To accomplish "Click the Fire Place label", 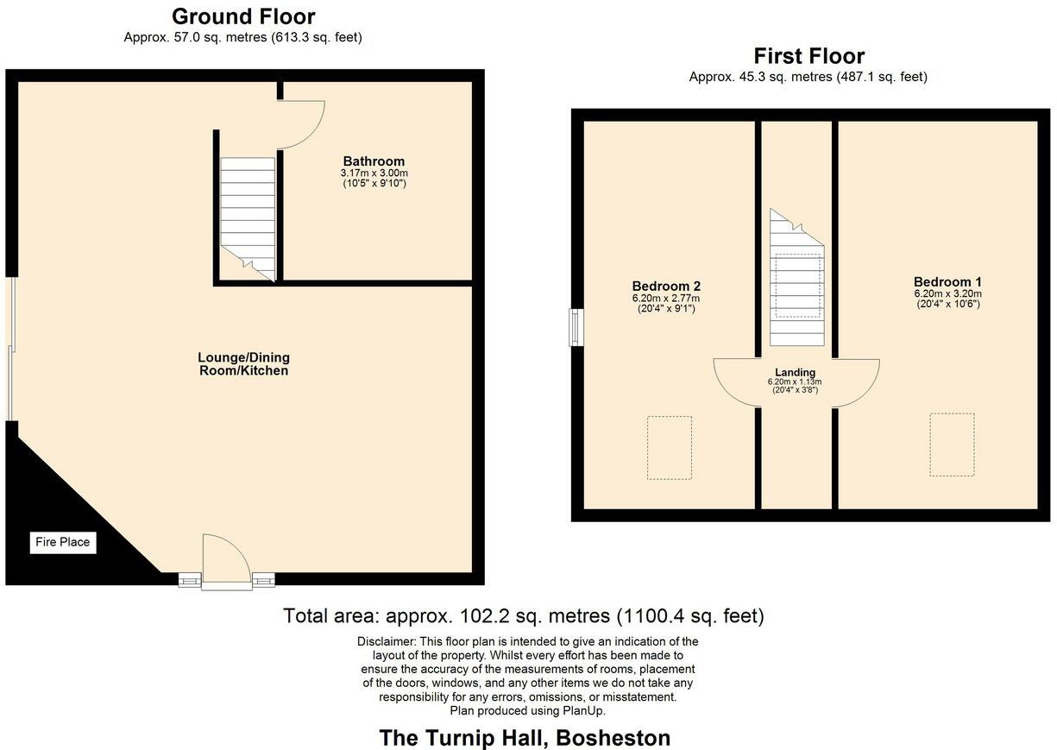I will [x=62, y=543].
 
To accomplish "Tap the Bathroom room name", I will [x=374, y=161].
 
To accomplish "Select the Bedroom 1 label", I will [x=947, y=281].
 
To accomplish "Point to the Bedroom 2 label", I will [x=665, y=286].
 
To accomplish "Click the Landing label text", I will [x=795, y=372].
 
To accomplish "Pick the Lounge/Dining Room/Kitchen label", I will [x=243, y=364].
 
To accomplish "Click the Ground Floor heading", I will [x=243, y=16].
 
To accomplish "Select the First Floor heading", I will [x=808, y=56].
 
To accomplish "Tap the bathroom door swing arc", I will [x=304, y=123].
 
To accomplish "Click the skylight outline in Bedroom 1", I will [x=952, y=444].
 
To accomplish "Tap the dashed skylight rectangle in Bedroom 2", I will [x=670, y=447].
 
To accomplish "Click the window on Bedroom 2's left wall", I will [x=576, y=328].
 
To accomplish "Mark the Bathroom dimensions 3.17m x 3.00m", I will [x=374, y=173].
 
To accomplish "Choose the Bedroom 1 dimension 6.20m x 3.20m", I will [x=947, y=293].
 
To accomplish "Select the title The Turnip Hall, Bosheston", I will [x=525, y=738].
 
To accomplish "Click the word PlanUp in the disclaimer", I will [x=586, y=710].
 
